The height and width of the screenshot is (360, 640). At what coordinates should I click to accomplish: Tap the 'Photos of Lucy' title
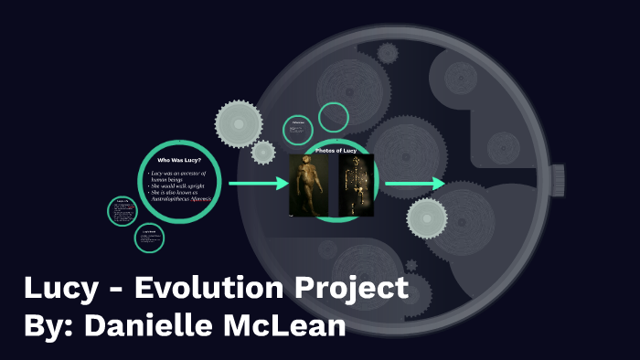pyautogui.click(x=336, y=149)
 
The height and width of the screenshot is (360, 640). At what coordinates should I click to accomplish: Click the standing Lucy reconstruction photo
pyautogui.click(x=308, y=185)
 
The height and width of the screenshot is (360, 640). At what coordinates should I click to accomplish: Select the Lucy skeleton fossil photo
pyautogui.click(x=356, y=185)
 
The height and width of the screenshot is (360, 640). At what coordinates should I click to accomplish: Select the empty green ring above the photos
pyautogui.click(x=334, y=117)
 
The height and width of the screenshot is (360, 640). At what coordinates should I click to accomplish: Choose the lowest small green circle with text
pyautogui.click(x=147, y=238)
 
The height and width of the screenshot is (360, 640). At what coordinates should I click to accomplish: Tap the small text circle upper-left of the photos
pyautogui.click(x=297, y=130)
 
